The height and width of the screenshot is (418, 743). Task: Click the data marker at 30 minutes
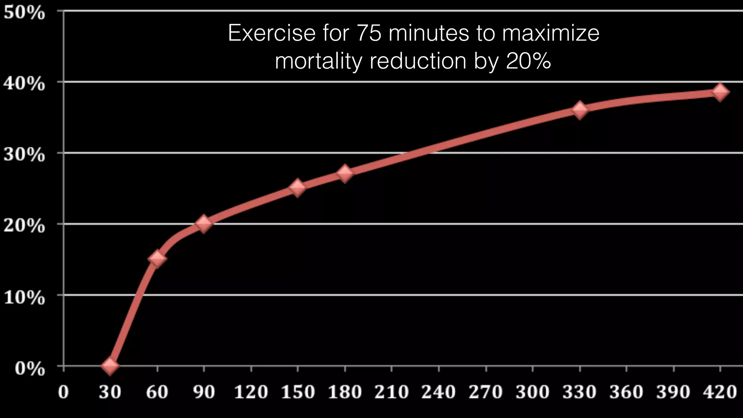coord(110,365)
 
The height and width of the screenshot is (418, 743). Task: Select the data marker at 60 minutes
coord(157,258)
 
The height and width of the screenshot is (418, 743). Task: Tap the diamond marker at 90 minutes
coord(204,224)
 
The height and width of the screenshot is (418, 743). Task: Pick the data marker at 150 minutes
coord(297,187)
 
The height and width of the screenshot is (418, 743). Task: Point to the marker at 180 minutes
coord(345,173)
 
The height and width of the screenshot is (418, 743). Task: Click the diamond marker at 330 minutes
coord(580,110)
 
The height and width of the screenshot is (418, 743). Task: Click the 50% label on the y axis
coord(24,13)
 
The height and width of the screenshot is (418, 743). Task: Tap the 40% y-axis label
coord(24,84)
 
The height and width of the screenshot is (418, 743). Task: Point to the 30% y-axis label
coord(24,155)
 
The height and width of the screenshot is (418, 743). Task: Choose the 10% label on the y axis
coord(24,298)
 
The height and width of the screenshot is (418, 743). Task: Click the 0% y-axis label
coord(30,369)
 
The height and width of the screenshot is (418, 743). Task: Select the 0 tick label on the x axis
coord(63,392)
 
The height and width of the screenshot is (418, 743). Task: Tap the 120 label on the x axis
coord(251,392)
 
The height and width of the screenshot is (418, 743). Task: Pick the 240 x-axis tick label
coord(439,392)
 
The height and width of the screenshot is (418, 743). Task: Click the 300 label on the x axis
coord(533,392)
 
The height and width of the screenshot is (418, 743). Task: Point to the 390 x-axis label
coord(673,392)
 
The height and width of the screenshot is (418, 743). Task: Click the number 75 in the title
coord(369,33)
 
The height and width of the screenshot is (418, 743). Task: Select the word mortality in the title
coord(318,61)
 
